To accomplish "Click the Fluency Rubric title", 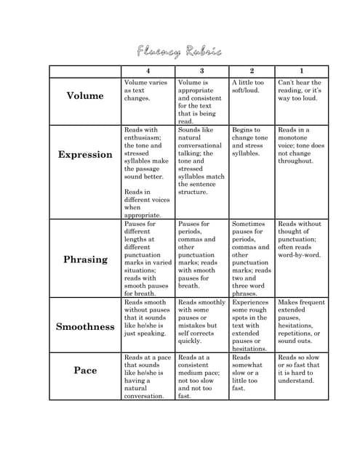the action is tap(179, 52).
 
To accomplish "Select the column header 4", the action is tap(148, 71).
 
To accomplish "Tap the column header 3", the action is tap(201, 71).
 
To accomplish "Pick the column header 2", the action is tap(252, 71).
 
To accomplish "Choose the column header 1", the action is tap(301, 71).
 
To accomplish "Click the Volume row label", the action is tap(85, 96).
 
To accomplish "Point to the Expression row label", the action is tap(85, 155).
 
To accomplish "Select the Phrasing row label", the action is tap(85, 259).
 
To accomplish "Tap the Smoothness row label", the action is tap(85, 326).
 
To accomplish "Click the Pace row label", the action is tap(85, 371).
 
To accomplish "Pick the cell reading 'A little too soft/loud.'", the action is tap(249, 86).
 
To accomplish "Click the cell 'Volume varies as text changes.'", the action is tap(146, 90).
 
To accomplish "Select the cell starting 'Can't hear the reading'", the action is tap(300, 90).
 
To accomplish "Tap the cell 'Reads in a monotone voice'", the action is tap(300, 145).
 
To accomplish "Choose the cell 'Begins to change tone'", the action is tap(250, 141).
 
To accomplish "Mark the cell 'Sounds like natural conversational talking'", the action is tap(201, 161).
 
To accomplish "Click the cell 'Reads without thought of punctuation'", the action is tap(300, 240).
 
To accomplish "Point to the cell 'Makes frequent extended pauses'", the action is tap(300, 321).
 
